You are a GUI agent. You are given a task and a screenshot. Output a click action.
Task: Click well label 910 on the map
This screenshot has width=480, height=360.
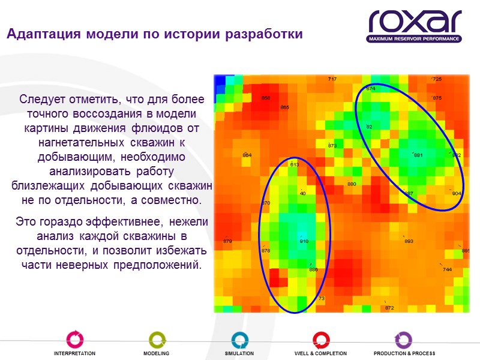coord(304,242)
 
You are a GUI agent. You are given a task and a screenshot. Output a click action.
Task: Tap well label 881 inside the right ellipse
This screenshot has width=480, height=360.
coord(418,155)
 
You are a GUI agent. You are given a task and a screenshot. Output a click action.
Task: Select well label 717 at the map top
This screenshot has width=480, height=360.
coord(332,79)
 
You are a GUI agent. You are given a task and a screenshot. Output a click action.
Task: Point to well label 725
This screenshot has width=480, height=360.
coord(437,79)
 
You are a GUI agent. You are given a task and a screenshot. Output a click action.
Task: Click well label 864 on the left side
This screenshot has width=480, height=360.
coord(247,155)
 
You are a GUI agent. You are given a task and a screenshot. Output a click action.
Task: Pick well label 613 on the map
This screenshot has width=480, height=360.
coord(294,164)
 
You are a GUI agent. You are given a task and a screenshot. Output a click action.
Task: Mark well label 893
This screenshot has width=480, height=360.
coord(409,242)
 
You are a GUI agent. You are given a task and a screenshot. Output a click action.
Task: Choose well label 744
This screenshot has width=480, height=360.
coord(447,270)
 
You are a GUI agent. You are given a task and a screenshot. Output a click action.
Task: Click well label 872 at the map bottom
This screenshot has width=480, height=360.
coord(389,308)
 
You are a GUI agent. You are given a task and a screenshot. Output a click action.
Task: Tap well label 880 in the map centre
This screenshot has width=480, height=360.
coord(352,184)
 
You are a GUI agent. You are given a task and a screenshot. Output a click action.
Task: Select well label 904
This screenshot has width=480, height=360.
coord(457,193)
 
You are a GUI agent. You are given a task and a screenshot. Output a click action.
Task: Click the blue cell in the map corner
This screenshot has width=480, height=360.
coord(223,80)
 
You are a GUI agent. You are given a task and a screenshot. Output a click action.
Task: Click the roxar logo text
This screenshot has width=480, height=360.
coord(415,22)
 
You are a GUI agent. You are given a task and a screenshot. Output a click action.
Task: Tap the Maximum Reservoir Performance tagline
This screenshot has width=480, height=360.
coord(415,39)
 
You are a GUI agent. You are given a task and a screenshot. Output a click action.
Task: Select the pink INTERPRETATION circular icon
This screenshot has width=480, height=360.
coord(74,339)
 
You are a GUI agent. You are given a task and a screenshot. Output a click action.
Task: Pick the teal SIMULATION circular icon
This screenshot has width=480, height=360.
coord(239,339)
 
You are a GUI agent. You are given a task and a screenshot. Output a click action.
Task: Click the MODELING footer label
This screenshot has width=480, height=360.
coord(156,353)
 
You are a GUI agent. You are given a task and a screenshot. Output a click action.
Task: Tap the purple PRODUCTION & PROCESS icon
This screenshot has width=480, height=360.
coord(403,339)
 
